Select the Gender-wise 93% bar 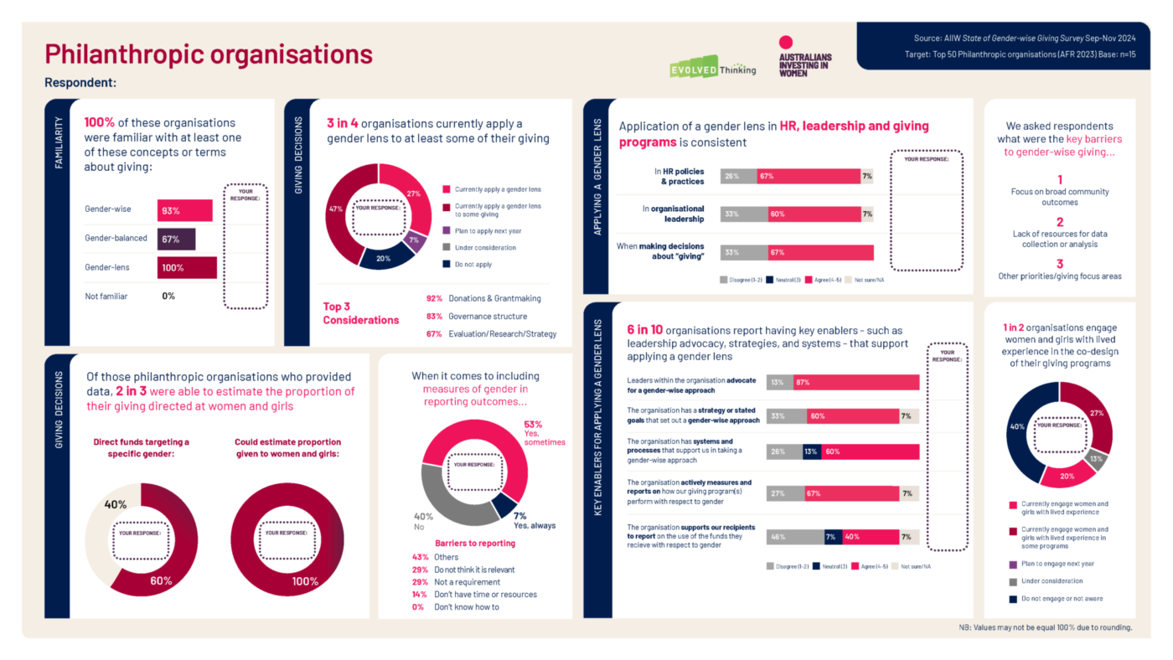pos(184,210)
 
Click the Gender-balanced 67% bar pos(176,239)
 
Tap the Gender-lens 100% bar pos(187,267)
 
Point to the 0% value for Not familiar pos(168,296)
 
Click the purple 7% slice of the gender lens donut pos(413,240)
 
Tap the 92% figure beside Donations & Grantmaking pos(433,298)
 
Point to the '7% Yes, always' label pos(534,521)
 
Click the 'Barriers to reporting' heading pos(463,543)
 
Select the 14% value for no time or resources pos(420,594)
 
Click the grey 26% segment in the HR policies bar pos(731,176)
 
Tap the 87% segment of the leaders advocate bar pos(855,382)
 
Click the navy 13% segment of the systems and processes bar pos(811,452)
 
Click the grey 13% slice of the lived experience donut pos(1096,460)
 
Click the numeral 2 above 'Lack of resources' pos(1059,223)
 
